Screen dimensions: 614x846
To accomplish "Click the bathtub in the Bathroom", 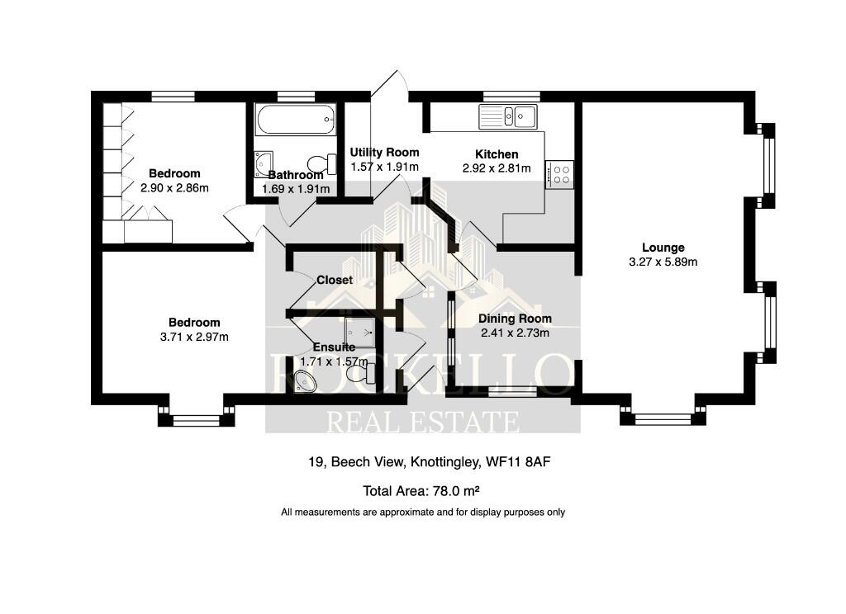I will pyautogui.click(x=296, y=120).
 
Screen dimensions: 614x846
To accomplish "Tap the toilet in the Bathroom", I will pyautogui.click(x=321, y=163).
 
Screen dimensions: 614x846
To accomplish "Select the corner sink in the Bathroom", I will pyautogui.click(x=264, y=163).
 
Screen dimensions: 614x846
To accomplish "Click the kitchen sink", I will pyautogui.click(x=508, y=116).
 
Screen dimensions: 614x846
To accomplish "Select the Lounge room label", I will pyautogui.click(x=663, y=248).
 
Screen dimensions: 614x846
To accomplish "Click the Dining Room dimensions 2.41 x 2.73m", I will pyautogui.click(x=516, y=333).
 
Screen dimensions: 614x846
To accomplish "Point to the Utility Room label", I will pyautogui.click(x=384, y=153).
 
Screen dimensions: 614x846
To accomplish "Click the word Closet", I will pyautogui.click(x=335, y=280).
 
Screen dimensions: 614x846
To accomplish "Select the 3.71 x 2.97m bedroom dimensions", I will pyautogui.click(x=195, y=337).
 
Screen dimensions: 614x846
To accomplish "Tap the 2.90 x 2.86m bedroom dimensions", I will pyautogui.click(x=174, y=187).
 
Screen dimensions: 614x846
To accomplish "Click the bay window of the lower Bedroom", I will pyautogui.click(x=196, y=420).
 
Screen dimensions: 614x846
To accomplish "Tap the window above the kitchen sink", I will pyautogui.click(x=506, y=96).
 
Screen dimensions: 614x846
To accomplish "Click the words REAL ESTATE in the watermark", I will pyautogui.click(x=423, y=421).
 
